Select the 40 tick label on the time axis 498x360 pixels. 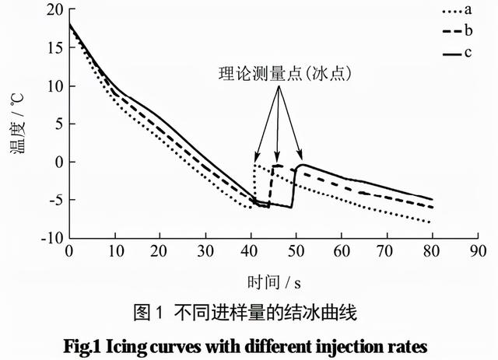pos(250,253)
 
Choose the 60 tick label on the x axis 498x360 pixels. pos(340,253)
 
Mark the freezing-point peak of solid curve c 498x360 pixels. pos(300,165)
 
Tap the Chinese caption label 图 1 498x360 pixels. pos(146,313)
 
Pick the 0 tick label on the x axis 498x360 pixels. pos(68,253)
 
